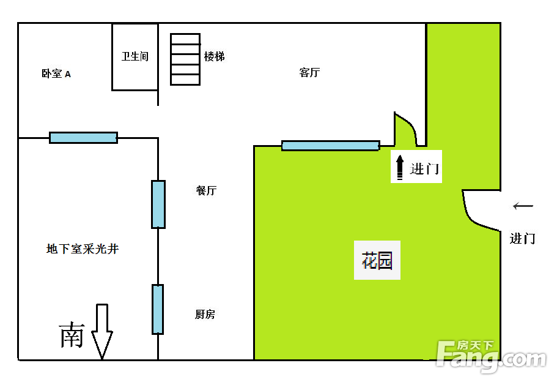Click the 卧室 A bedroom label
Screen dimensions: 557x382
tap(56, 73)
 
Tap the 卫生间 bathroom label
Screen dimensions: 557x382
tap(135, 56)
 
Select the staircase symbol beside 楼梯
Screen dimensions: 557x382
tap(185, 59)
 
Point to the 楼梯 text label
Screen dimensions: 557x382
tap(214, 56)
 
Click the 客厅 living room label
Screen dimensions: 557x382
tap(309, 73)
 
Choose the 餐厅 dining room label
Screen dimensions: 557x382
tap(206, 190)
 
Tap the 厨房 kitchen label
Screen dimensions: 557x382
tap(205, 314)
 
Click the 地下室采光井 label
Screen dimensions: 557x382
tap(83, 249)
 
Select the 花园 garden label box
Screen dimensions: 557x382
tap(377, 260)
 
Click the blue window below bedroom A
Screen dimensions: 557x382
tap(84, 138)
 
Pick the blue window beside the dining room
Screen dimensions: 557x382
tap(158, 204)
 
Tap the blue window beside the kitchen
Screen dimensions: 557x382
tap(158, 309)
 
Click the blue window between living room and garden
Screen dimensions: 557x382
tap(331, 146)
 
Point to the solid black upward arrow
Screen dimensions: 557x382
tap(400, 167)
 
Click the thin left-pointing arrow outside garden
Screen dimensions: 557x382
tap(523, 206)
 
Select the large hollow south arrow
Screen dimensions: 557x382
tap(102, 331)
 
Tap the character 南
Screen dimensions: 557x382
tap(72, 335)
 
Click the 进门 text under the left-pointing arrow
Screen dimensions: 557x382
tap(522, 238)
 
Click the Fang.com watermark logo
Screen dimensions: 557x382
tap(492, 356)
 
